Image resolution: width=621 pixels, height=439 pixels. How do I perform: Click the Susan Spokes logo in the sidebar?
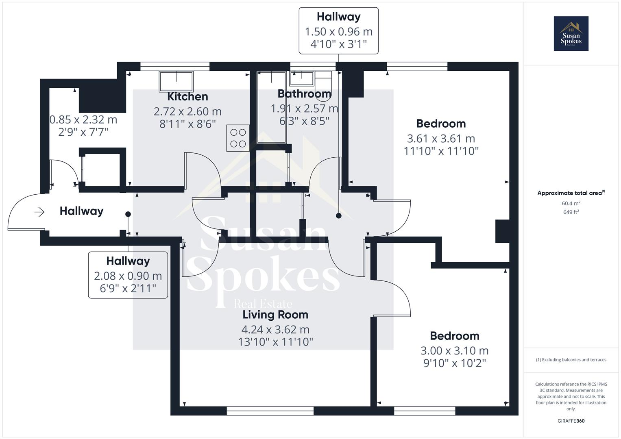(x=571, y=34)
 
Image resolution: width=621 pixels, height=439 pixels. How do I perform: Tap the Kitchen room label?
(x=187, y=97)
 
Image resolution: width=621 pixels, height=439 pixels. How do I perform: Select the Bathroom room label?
(x=304, y=94)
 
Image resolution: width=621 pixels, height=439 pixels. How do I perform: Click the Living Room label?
(x=275, y=315)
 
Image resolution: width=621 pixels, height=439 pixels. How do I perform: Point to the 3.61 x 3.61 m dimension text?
(x=441, y=139)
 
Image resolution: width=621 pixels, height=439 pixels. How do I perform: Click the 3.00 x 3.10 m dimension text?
(x=454, y=350)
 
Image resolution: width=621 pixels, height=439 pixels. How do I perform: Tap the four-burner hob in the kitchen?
(x=238, y=138)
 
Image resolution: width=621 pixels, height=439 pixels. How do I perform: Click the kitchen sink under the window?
(x=176, y=81)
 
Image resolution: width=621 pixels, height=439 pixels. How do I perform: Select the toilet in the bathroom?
(x=324, y=80)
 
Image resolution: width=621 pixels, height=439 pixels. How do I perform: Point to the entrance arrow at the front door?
(x=39, y=212)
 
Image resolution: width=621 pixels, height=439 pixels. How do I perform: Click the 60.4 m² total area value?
(x=571, y=203)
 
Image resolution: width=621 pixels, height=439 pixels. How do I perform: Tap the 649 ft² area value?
(x=571, y=212)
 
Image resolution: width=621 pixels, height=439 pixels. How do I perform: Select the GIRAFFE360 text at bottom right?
(x=571, y=421)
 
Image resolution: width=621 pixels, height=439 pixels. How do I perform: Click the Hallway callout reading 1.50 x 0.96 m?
(x=339, y=31)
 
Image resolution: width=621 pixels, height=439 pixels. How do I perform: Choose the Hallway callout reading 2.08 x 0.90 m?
(x=128, y=275)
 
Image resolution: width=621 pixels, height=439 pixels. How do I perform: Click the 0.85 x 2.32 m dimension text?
(x=83, y=120)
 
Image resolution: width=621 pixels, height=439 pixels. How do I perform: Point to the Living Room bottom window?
(x=270, y=411)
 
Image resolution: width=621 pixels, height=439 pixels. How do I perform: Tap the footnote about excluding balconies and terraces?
(x=571, y=360)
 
